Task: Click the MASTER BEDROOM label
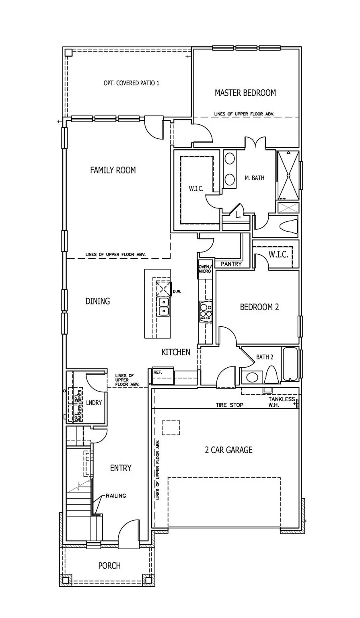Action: click(x=245, y=93)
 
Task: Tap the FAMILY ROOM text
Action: click(x=113, y=170)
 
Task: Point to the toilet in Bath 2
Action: click(x=272, y=375)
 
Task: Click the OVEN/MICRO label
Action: click(x=204, y=269)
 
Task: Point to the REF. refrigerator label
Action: click(x=158, y=373)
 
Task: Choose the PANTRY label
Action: click(x=231, y=264)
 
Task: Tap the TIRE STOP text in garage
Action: click(x=229, y=405)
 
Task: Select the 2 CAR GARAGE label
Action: click(x=228, y=450)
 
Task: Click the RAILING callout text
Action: click(x=116, y=496)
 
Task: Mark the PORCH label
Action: click(x=109, y=566)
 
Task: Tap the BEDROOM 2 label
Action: click(x=259, y=307)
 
